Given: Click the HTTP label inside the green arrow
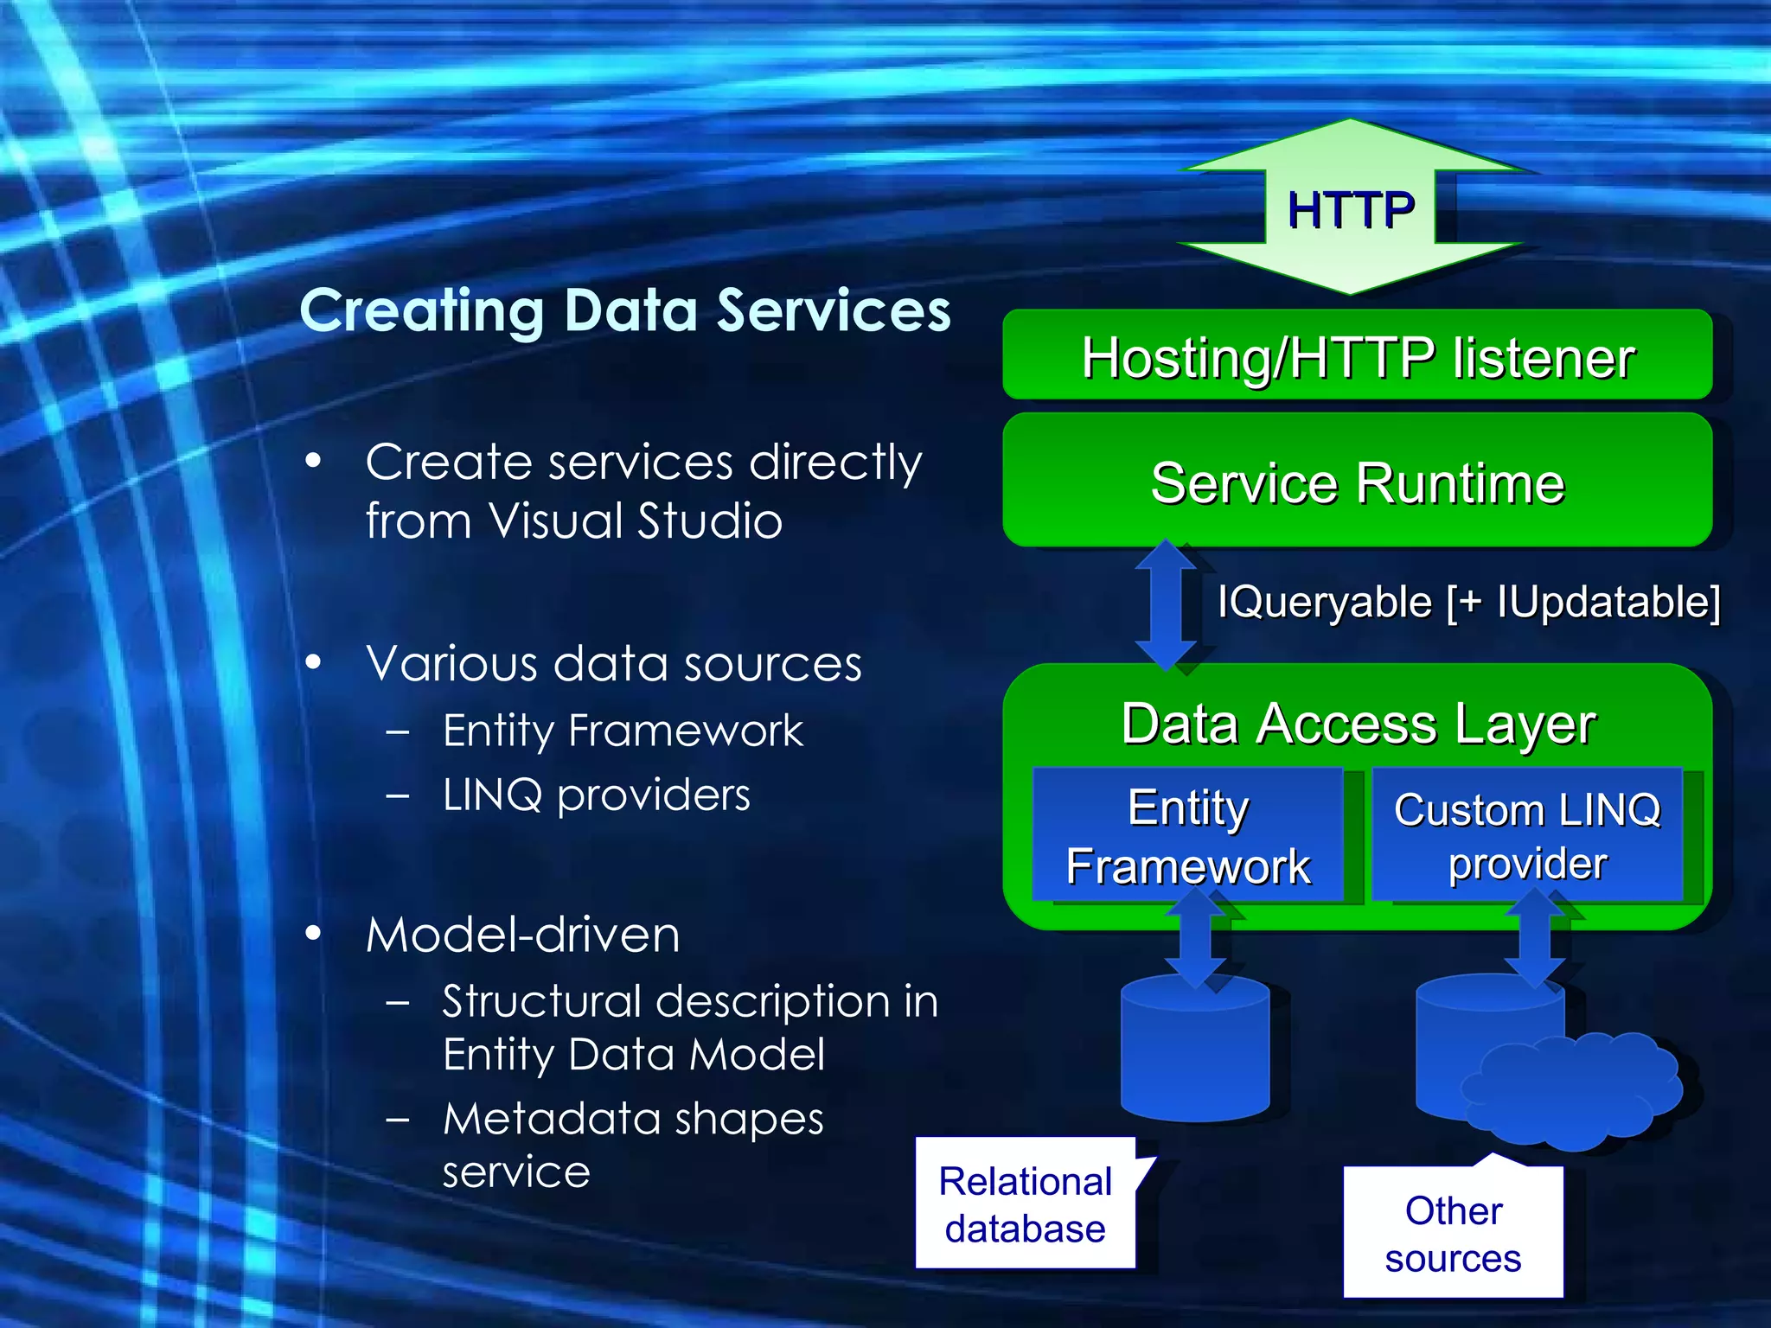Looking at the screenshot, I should (1350, 210).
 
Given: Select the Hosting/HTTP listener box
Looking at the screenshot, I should (1357, 356).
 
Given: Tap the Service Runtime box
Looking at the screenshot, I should (1357, 482).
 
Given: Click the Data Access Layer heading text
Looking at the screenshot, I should (1357, 724).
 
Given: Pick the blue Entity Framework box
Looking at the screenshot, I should (1187, 835).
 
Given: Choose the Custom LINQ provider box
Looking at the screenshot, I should (1527, 835).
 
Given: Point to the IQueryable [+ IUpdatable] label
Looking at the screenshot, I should (1468, 602).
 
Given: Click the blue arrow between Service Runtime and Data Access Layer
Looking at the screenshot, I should (1165, 605).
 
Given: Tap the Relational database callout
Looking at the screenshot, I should (1025, 1204).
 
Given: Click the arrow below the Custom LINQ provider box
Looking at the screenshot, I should (1535, 938).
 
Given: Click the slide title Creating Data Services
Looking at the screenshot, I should (624, 310).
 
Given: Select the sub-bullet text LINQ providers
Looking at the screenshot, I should (596, 795).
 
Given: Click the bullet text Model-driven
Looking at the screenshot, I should (522, 935).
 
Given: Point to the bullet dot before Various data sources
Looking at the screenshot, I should (313, 663).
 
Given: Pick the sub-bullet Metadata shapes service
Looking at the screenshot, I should (633, 1144).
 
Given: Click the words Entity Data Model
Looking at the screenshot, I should (633, 1055).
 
